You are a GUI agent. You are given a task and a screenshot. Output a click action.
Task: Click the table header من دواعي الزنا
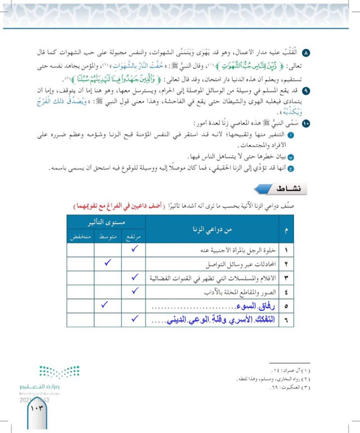click(x=212, y=230)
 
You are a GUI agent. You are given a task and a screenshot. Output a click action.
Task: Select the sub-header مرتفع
click(x=133, y=236)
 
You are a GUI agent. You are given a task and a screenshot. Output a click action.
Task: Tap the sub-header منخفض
click(x=80, y=236)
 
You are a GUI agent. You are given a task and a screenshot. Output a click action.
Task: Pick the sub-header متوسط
click(x=107, y=236)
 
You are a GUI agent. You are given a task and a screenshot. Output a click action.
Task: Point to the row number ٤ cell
click(x=286, y=292)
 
